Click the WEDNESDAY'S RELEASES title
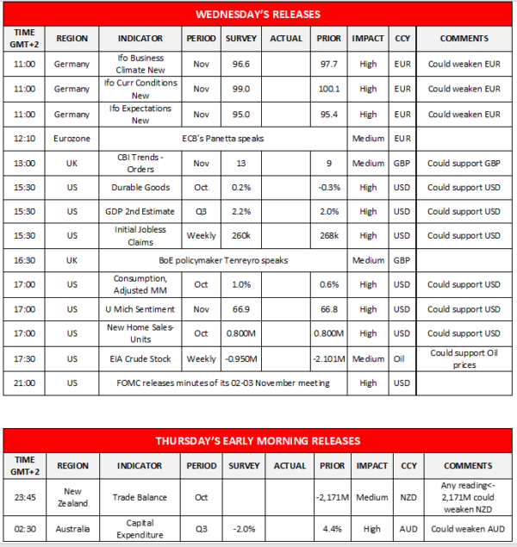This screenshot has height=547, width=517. click(258, 14)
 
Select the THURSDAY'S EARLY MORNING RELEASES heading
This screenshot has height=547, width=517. click(258, 440)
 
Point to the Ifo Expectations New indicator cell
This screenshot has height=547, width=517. click(141, 114)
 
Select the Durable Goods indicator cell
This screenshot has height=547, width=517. click(141, 187)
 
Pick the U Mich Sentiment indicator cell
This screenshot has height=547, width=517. click(141, 309)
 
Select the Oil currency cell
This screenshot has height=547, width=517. click(402, 358)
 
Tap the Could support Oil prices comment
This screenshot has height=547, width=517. click(464, 358)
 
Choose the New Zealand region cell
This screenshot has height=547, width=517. click(72, 496)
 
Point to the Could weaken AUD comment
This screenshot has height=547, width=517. click(464, 529)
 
